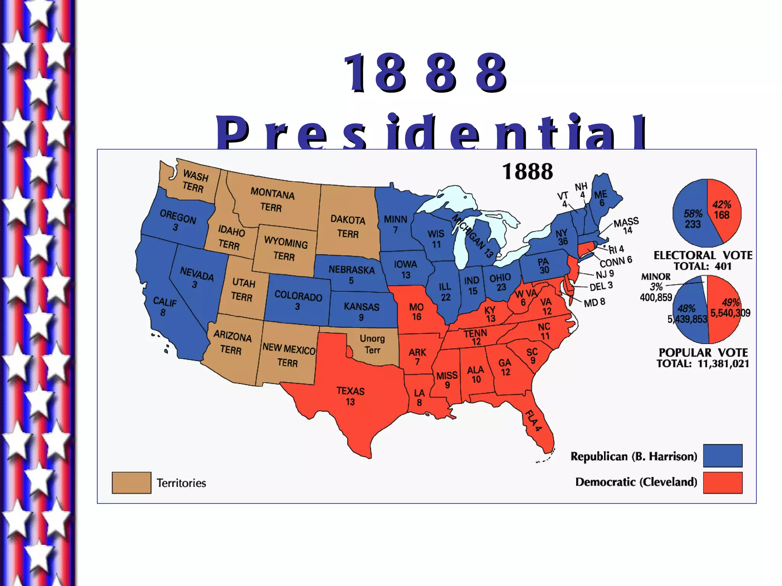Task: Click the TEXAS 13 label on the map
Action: [350, 396]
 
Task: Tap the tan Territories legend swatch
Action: [131, 483]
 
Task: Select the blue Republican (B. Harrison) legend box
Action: [722, 456]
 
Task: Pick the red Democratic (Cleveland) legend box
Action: [722, 483]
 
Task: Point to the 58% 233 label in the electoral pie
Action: [693, 219]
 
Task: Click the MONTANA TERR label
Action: [272, 200]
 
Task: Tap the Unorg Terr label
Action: [372, 344]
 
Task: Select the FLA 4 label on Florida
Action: [533, 420]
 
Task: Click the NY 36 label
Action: [562, 237]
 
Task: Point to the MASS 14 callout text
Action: [626, 225]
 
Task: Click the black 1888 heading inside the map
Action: [527, 171]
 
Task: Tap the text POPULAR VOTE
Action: [703, 352]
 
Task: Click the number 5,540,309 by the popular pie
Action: [730, 313]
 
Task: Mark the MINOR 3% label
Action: [656, 281]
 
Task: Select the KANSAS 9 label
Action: [361, 311]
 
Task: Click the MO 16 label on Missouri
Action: [416, 311]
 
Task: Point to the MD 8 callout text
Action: [595, 303]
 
